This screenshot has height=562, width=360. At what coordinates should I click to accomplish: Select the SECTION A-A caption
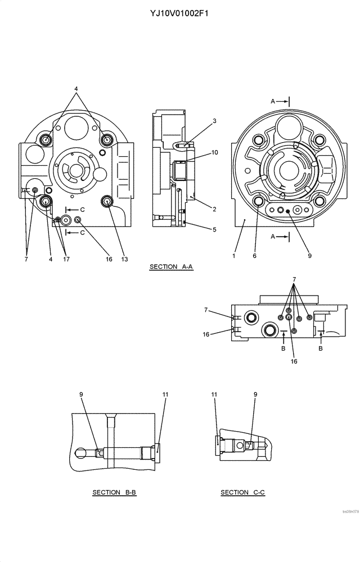pyautogui.click(x=171, y=267)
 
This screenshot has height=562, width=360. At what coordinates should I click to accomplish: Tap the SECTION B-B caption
pyautogui.click(x=114, y=493)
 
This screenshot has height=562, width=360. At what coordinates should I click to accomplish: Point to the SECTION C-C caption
pyautogui.click(x=242, y=493)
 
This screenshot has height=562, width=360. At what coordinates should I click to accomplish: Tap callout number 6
pyautogui.click(x=254, y=256)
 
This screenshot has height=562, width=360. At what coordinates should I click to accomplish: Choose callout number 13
pyautogui.click(x=124, y=259)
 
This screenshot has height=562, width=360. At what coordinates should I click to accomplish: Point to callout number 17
pyautogui.click(x=66, y=259)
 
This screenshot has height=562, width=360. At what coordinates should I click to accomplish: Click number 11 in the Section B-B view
pyautogui.click(x=165, y=395)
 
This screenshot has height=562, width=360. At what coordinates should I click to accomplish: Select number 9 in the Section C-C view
pyautogui.click(x=255, y=395)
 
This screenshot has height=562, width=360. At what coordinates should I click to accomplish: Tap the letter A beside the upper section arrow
pyautogui.click(x=273, y=101)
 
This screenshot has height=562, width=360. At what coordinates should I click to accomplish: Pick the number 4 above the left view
pyautogui.click(x=76, y=89)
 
